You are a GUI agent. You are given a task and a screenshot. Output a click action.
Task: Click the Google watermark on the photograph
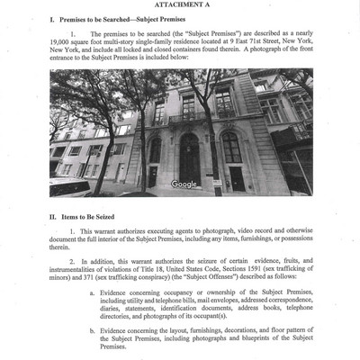click(x=183, y=184)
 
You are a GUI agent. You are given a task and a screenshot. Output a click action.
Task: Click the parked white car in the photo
click(x=67, y=187)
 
